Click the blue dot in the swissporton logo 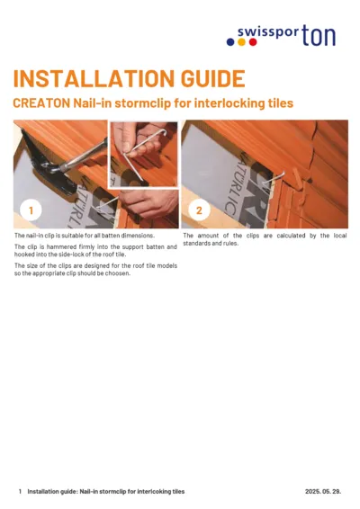click(x=230, y=42)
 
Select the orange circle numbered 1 click(x=31, y=210)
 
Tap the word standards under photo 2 click(x=198, y=243)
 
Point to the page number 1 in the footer click(x=20, y=492)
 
